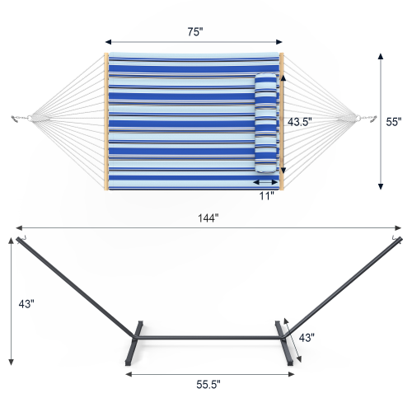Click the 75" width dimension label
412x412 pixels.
pyautogui.click(x=194, y=31)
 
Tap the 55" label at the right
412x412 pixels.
pyautogui.click(x=394, y=121)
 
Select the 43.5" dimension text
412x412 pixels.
pyautogui.click(x=298, y=120)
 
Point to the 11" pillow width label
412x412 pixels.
pyautogui.click(x=266, y=197)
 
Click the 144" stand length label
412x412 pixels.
pyautogui.click(x=207, y=218)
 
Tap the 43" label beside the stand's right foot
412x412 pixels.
pyautogui.click(x=307, y=338)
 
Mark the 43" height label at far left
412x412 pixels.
pyautogui.click(x=27, y=302)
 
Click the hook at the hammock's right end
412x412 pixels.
pyautogui.click(x=372, y=120)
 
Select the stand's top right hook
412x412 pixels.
pyautogui.click(x=396, y=239)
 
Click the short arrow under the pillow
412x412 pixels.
pyautogui.click(x=266, y=182)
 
